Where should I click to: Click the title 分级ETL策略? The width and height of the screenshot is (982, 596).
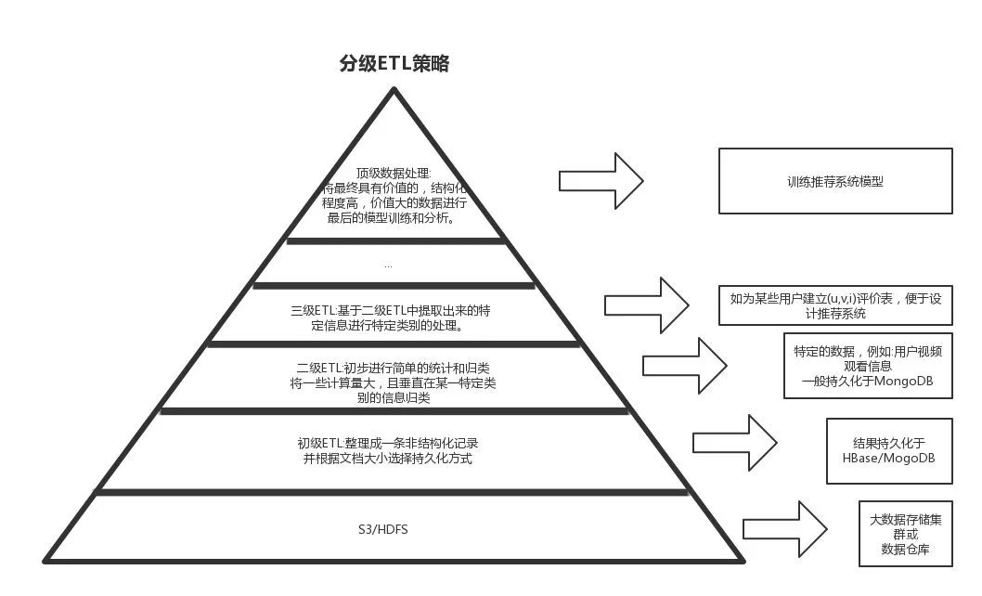pos(394,64)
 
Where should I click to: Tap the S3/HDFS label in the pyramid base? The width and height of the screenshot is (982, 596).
pos(383,529)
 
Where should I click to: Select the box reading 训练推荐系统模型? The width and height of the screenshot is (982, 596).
pos(835,182)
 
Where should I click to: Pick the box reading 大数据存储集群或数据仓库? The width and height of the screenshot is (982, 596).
pos(905,534)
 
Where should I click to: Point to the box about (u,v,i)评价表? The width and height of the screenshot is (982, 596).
pos(835,305)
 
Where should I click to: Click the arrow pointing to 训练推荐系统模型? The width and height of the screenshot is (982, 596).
pos(601,180)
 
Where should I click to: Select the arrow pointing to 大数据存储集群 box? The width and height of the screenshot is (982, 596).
pos(784,529)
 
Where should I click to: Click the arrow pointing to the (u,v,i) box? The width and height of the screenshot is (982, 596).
pos(646,304)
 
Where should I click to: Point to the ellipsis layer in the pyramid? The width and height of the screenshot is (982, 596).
pos(388,265)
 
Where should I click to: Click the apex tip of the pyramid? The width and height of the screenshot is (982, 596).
pos(394,90)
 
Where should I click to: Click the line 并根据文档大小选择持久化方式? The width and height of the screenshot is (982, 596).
pos(388,459)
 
